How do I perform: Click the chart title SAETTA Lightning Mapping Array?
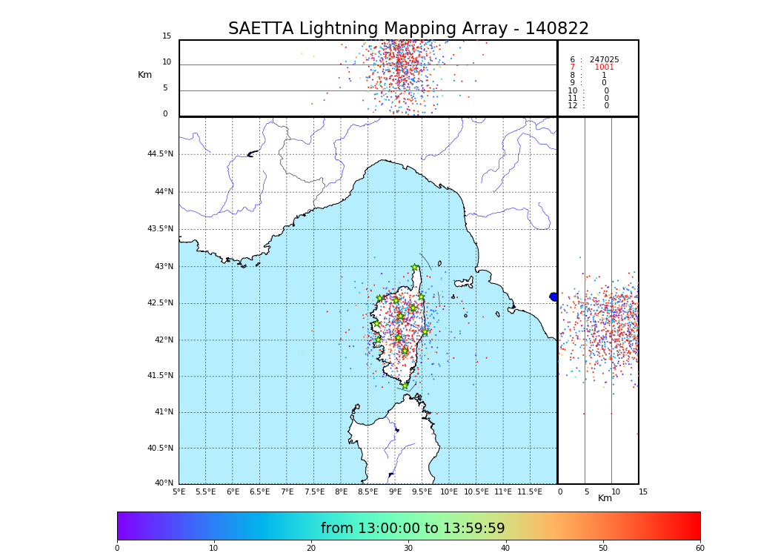[x=408, y=29]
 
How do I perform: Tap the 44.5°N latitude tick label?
[x=160, y=154]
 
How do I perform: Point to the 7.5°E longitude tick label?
[x=314, y=492]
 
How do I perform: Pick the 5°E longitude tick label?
[x=179, y=492]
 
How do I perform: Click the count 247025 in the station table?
[x=604, y=60]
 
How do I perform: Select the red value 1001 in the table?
[x=604, y=67]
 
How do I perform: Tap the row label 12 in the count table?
[x=573, y=106]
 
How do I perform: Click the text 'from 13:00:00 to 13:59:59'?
[x=413, y=529]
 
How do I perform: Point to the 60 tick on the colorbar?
[x=699, y=549]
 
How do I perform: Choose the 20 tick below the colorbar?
[x=311, y=549]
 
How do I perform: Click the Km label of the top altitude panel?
[x=144, y=75]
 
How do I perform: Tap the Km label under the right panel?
[x=605, y=498]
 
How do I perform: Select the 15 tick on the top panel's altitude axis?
[x=167, y=36]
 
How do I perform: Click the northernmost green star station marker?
[x=415, y=268]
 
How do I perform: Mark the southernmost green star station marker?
[x=405, y=385]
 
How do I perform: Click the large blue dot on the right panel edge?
[x=553, y=297]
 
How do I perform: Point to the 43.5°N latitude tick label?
[x=160, y=229]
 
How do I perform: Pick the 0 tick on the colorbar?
[x=117, y=549]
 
